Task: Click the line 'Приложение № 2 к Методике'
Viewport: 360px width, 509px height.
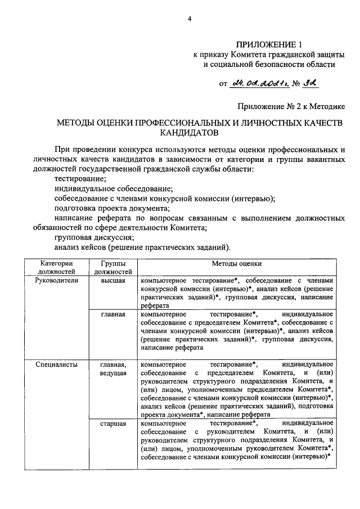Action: coord(291,105)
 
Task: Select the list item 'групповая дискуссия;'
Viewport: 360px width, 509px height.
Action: coord(94,237)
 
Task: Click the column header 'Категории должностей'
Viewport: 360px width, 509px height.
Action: coord(56,267)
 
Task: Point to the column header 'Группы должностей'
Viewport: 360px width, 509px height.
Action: coord(113,267)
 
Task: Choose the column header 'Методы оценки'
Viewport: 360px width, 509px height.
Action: coord(236,263)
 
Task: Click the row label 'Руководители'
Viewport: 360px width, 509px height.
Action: coord(56,280)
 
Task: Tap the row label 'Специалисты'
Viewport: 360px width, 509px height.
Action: coord(56,364)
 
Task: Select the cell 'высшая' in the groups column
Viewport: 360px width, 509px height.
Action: coord(113,280)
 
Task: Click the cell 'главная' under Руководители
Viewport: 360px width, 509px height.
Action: coord(113,314)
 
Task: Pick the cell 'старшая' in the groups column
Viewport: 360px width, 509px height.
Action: coord(113,423)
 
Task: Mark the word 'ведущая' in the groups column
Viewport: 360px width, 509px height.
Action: coord(113,373)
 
